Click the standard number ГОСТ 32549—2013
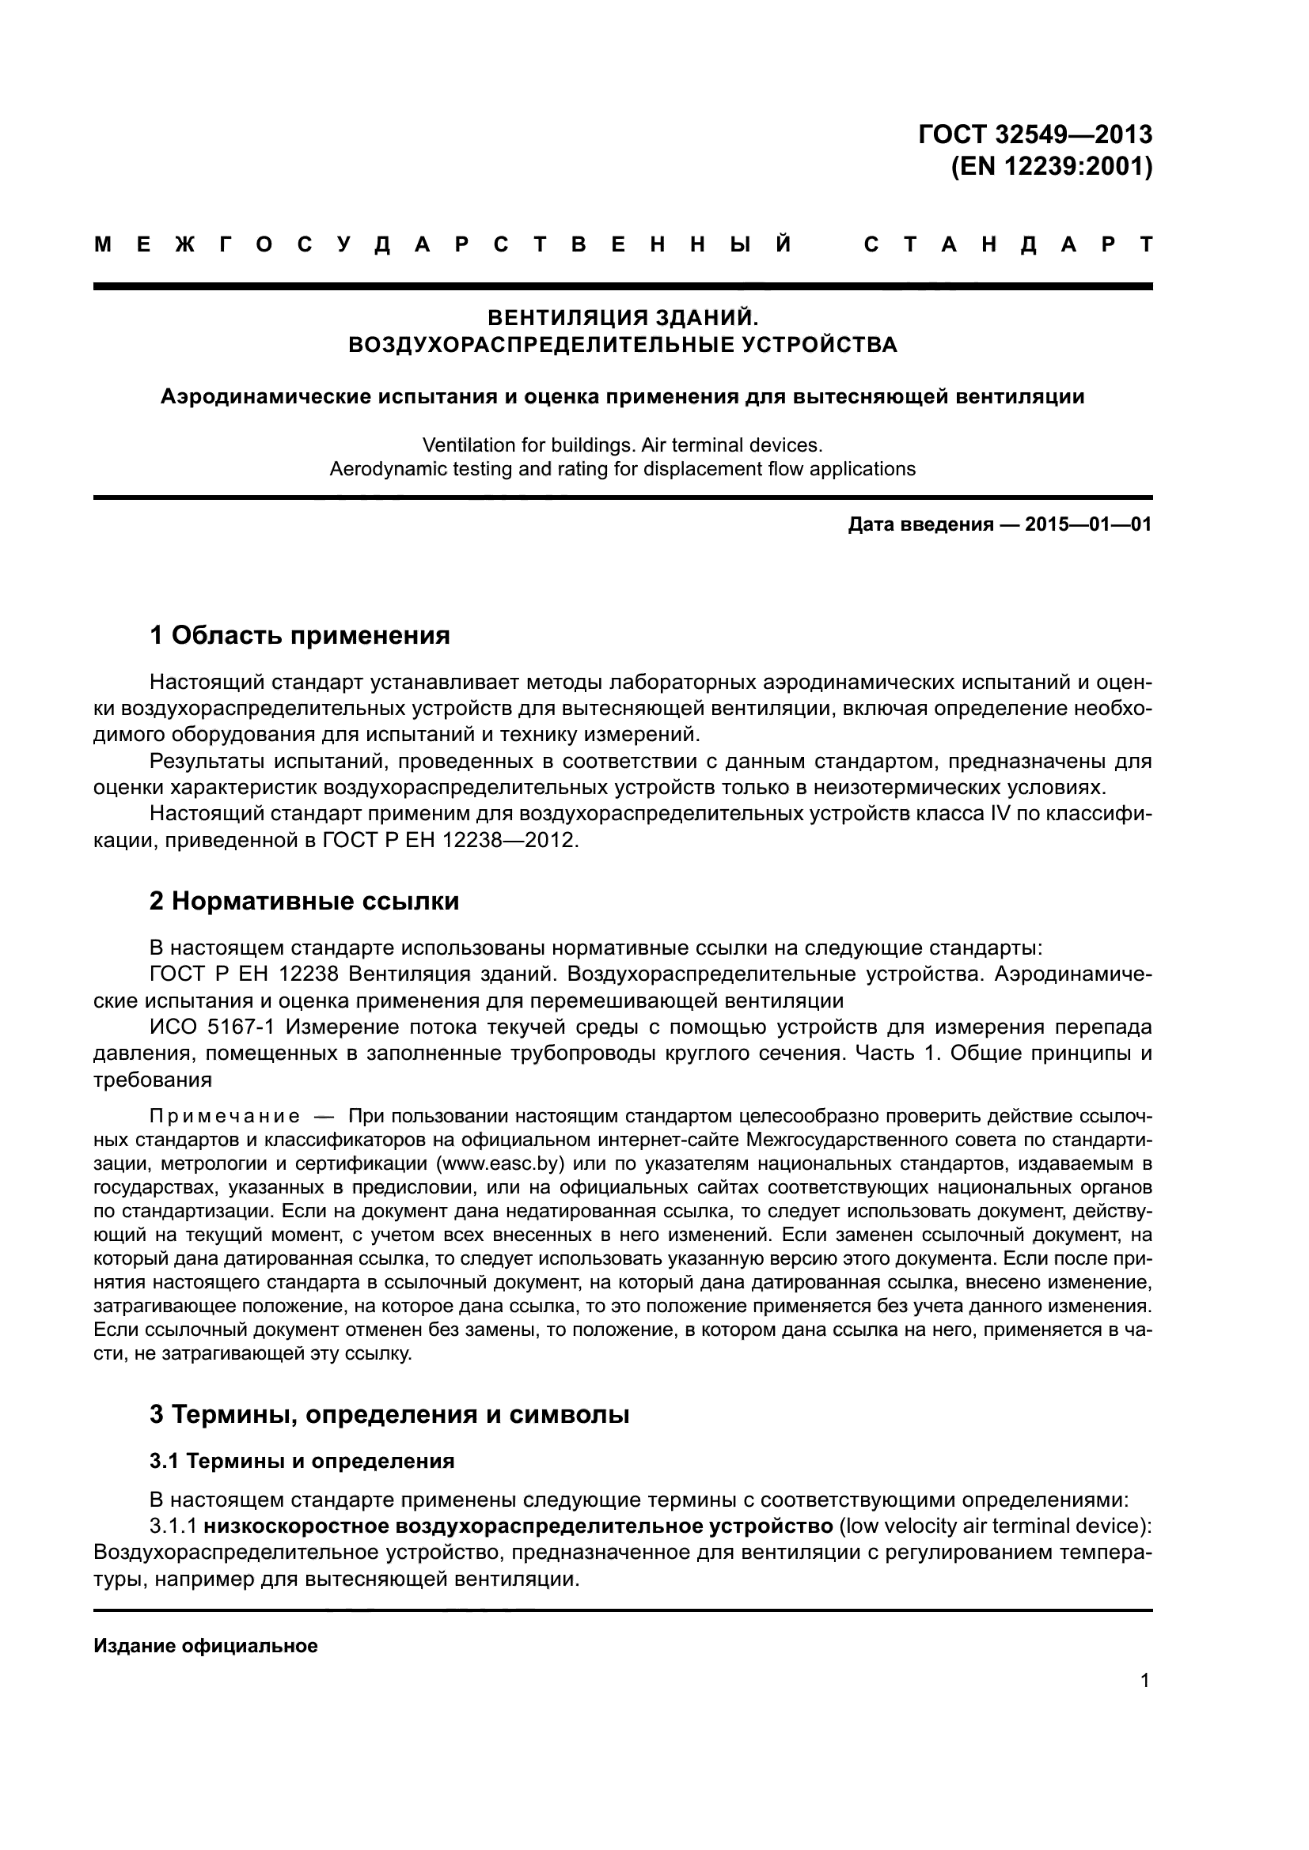[x=1035, y=134]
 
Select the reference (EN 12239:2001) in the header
[x=1051, y=167]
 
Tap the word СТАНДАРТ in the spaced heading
[x=1007, y=245]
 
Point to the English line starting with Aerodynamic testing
[x=622, y=469]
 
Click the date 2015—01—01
[x=1088, y=525]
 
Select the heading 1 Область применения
[x=299, y=636]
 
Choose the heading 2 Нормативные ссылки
[x=304, y=901]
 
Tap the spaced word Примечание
[x=224, y=1117]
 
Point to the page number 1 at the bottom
[x=1144, y=1680]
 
